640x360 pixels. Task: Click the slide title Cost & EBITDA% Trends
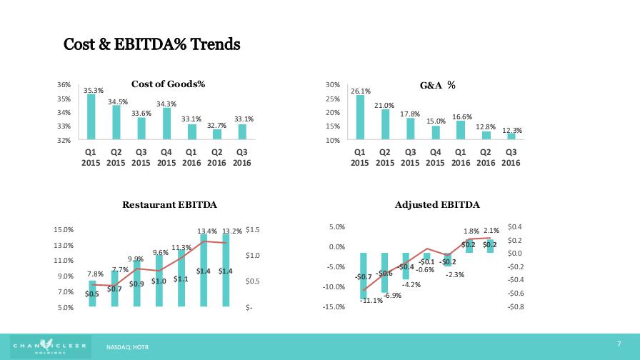point(152,44)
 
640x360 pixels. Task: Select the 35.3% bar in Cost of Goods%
point(91,117)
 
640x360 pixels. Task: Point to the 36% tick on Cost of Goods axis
point(64,85)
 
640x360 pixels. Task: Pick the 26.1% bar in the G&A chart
point(360,118)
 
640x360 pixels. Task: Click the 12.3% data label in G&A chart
point(511,130)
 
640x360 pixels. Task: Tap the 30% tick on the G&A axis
point(332,85)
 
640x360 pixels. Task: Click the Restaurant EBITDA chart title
point(169,206)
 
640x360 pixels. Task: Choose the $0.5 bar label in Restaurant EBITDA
point(91,294)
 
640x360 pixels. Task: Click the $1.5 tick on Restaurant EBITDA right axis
point(254,230)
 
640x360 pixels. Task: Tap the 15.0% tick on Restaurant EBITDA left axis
point(64,230)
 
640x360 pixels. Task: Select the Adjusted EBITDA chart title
point(437,206)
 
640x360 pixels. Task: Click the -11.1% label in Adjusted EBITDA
point(371,301)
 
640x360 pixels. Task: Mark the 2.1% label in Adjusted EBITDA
point(491,231)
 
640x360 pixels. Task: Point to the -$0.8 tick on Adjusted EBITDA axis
point(516,307)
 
